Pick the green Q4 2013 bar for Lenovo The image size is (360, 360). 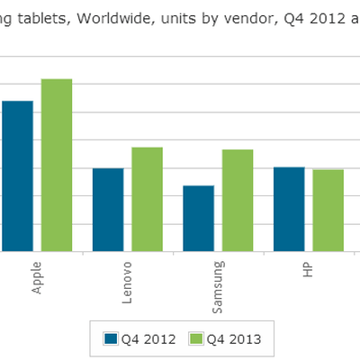(148, 199)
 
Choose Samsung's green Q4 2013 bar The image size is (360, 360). (238, 200)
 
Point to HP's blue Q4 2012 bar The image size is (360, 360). (288, 209)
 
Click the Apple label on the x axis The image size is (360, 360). (37, 277)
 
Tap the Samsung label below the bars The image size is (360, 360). (217, 287)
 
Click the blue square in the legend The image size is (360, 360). (112, 338)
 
